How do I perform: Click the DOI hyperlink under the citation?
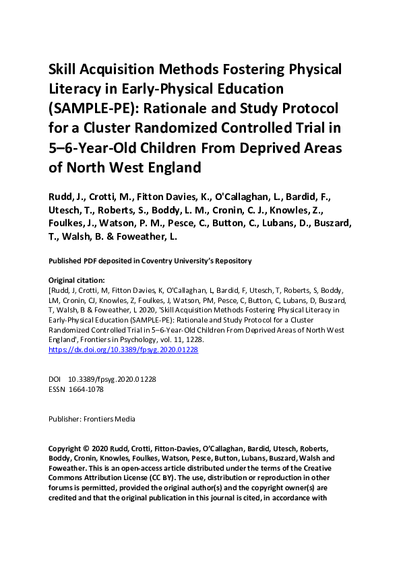tap(123, 350)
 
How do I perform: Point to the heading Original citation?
tap(80, 279)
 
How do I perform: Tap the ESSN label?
tap(58, 389)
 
